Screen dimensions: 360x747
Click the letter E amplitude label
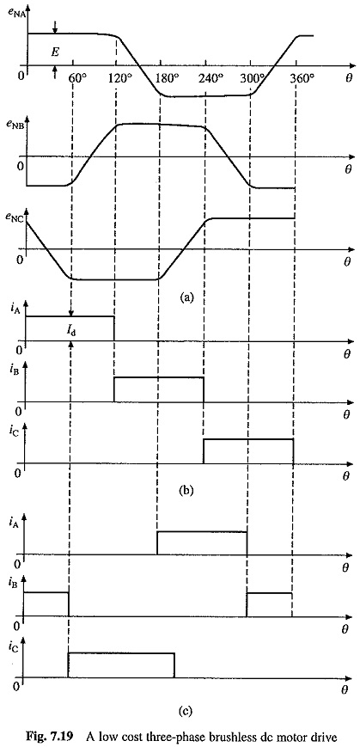pyautogui.click(x=55, y=53)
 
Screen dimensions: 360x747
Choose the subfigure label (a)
pyautogui.click(x=186, y=297)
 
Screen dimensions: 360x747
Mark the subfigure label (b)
pyautogui.click(x=186, y=489)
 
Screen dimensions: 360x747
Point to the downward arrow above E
pyautogui.click(x=55, y=28)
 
